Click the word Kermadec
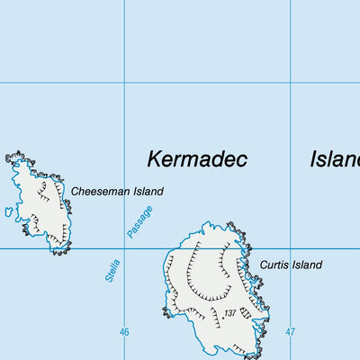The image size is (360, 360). (x=197, y=159)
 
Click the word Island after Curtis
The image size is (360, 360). (x=307, y=265)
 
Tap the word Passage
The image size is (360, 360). (x=139, y=221)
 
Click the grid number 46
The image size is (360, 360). (x=124, y=332)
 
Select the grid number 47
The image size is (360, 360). (x=290, y=332)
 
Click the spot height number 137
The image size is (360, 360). (x=230, y=313)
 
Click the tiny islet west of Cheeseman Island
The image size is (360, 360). (x=8, y=213)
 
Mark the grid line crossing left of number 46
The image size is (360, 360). (x=124, y=249)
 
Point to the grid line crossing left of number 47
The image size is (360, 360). (x=290, y=249)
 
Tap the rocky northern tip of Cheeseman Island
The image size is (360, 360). (x=15, y=158)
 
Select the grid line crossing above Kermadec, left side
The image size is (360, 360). (x=124, y=83)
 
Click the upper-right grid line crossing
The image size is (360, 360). (x=290, y=83)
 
